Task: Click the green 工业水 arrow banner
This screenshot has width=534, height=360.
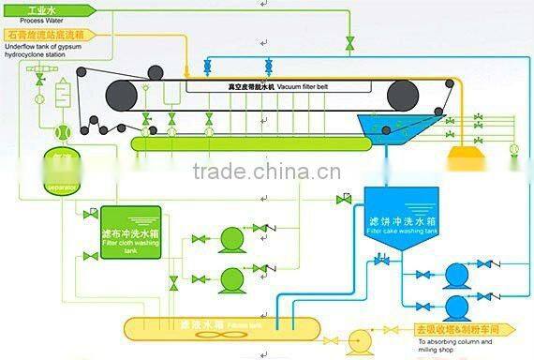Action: (43, 8)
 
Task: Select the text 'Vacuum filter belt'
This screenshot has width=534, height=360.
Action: (291, 85)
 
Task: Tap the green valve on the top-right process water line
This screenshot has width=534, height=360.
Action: (350, 43)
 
